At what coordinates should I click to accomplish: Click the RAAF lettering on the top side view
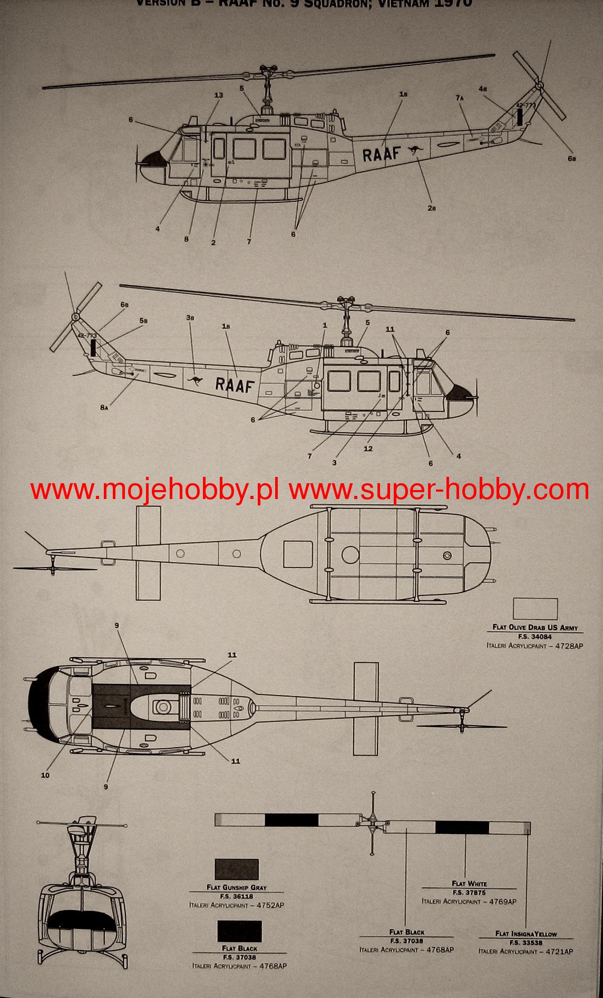tap(381, 154)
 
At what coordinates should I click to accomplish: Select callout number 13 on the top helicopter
tap(219, 95)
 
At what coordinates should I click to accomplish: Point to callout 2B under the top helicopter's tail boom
tap(432, 208)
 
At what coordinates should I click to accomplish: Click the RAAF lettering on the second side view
tap(235, 384)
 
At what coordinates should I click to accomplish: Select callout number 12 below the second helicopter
tap(368, 448)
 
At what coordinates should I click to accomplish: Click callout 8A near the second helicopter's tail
tap(104, 407)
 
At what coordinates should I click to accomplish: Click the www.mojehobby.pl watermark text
tap(154, 491)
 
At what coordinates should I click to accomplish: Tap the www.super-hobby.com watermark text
tap(439, 491)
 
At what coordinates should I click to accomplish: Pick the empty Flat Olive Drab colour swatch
tap(535, 609)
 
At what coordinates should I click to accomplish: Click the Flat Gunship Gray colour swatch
tap(236, 869)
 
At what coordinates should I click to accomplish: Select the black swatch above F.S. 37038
tap(239, 931)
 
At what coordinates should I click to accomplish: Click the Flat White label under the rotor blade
tap(469, 884)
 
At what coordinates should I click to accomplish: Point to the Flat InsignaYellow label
tap(526, 934)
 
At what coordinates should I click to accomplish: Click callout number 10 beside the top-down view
tap(45, 775)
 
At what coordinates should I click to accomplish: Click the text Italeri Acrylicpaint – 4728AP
tap(534, 645)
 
